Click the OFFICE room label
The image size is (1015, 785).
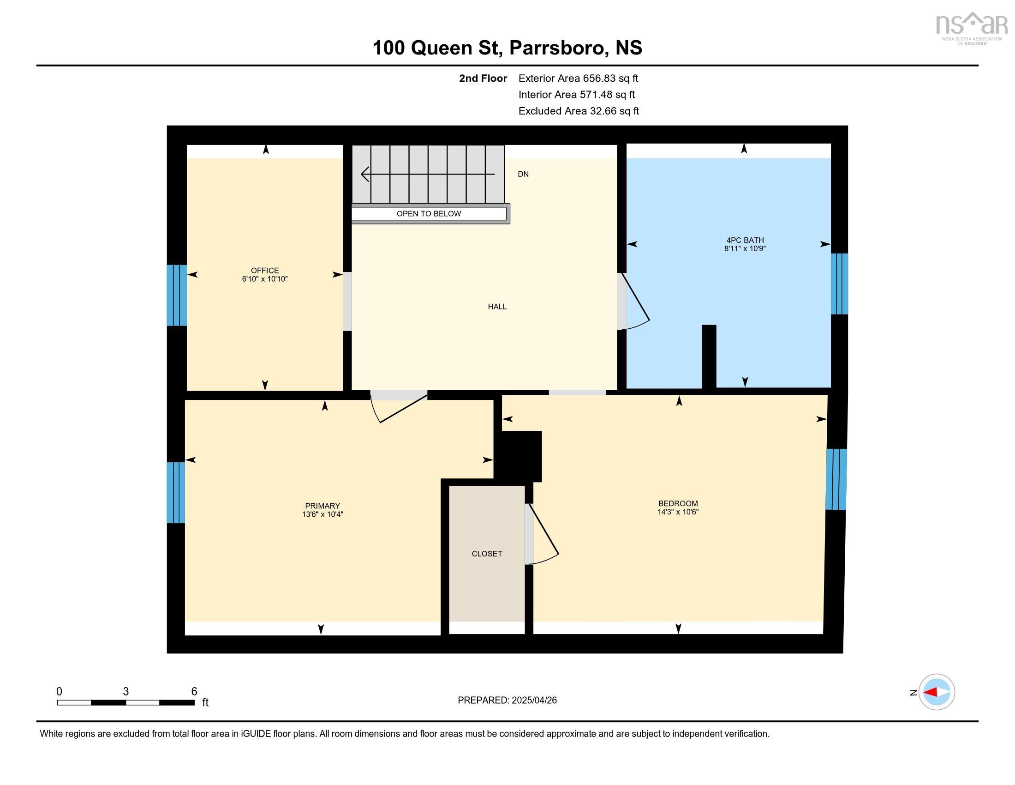264,270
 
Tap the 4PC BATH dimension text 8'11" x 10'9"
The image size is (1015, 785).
745,249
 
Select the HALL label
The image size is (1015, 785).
497,307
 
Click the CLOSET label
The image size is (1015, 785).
487,553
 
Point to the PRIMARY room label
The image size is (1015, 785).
322,506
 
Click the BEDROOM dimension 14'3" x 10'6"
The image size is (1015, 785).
678,512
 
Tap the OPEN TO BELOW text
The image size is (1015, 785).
429,213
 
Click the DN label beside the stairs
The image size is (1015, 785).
523,174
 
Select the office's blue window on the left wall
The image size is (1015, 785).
177,296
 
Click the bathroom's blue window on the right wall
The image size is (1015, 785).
839,284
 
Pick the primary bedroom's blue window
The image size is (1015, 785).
176,492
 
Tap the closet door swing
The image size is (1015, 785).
543,535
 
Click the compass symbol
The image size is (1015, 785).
937,692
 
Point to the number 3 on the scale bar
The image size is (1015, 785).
125,692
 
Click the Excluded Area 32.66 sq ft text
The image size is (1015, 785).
579,111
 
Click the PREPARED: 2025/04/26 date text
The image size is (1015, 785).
507,700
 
